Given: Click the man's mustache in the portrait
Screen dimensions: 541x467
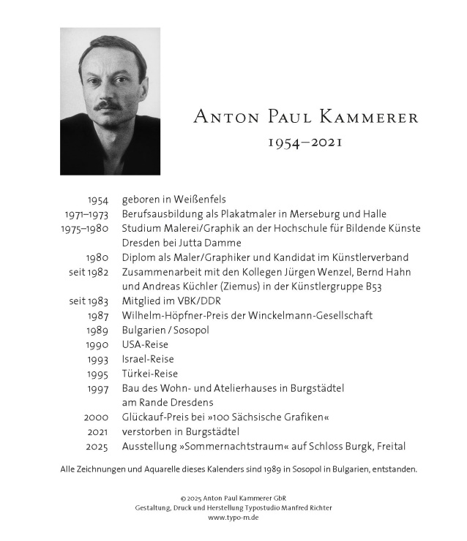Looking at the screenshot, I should pos(109,105).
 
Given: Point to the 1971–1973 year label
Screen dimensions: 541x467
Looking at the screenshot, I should pos(86,214).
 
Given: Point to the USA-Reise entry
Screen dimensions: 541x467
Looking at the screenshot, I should pos(145,344).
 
